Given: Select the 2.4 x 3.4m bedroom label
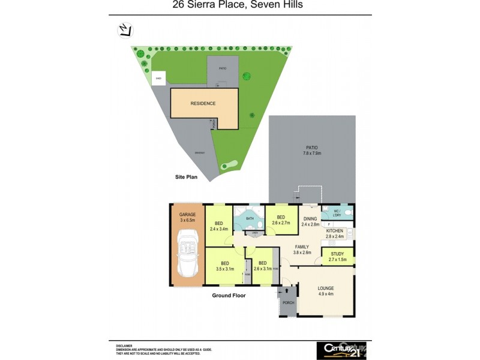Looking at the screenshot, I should pos(218,226).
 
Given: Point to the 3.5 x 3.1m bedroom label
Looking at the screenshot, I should pos(224,266).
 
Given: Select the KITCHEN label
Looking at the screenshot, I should pos(334,230).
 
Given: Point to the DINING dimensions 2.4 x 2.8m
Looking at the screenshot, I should pos(310,224).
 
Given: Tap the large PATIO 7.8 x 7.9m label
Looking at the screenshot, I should pos(311,150).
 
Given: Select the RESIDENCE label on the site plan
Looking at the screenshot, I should pos(203,104).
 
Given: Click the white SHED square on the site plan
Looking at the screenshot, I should pos(159,78).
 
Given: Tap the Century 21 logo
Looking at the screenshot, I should pos(341,350).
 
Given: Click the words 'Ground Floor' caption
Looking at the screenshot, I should pos(229,295).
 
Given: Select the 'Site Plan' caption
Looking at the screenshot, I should pos(185,178).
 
